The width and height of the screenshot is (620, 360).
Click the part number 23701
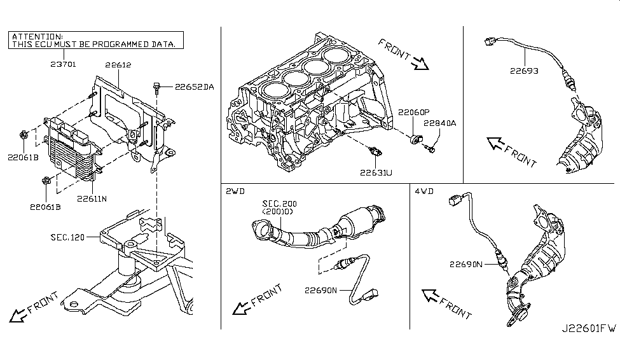[62, 64]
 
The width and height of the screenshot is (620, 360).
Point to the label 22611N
[92, 198]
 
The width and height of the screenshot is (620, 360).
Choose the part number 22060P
[413, 113]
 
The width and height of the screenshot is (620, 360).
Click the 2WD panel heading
[235, 190]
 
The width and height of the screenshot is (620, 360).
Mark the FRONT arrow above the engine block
[403, 53]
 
